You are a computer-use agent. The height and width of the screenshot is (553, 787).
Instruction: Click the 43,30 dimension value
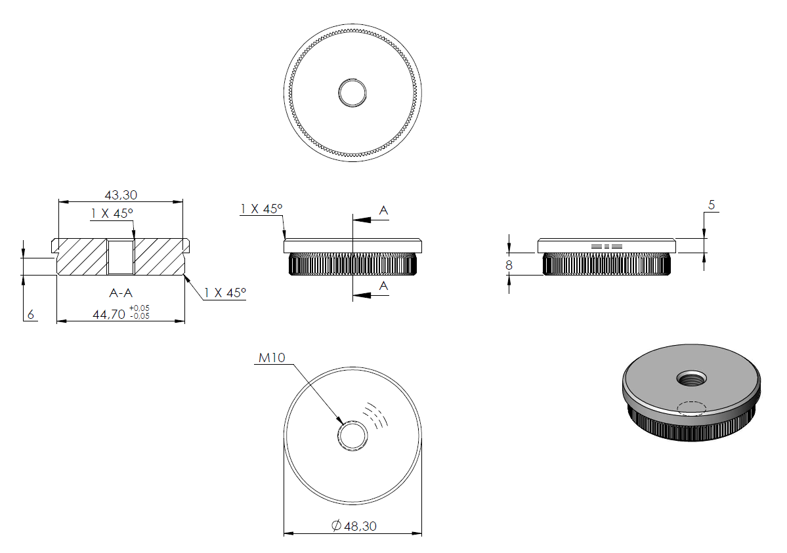click(x=121, y=195)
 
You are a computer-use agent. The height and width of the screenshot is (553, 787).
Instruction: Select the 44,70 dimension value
click(x=109, y=315)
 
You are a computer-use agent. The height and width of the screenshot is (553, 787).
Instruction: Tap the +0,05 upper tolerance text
click(x=139, y=308)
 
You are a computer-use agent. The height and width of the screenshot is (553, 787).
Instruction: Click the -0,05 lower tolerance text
click(x=140, y=316)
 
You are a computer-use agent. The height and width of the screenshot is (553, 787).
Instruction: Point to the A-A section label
click(x=121, y=293)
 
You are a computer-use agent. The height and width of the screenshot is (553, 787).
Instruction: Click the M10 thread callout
click(x=272, y=358)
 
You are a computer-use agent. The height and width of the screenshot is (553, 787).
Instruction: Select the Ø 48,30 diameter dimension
click(x=354, y=526)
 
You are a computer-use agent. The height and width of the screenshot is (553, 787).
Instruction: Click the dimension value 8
click(x=509, y=266)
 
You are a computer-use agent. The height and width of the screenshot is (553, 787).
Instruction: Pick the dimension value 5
click(x=712, y=205)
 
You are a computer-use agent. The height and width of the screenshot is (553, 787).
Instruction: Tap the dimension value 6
click(x=31, y=315)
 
